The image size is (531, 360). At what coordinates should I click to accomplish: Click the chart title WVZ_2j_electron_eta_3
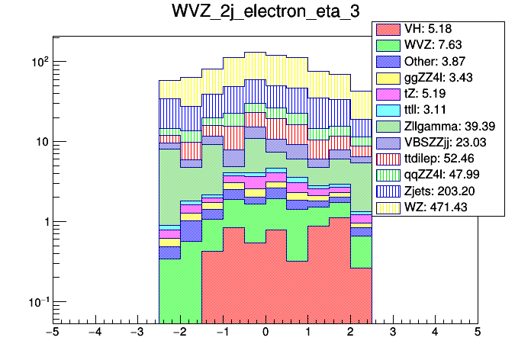(x=265, y=13)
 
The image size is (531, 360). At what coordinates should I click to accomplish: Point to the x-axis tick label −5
(x=53, y=333)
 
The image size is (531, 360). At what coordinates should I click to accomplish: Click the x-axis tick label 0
(x=265, y=333)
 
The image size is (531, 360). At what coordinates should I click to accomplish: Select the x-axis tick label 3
(x=392, y=333)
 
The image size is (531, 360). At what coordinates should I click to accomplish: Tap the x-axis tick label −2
(x=180, y=333)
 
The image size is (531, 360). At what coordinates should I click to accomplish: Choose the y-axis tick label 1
(x=44, y=222)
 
